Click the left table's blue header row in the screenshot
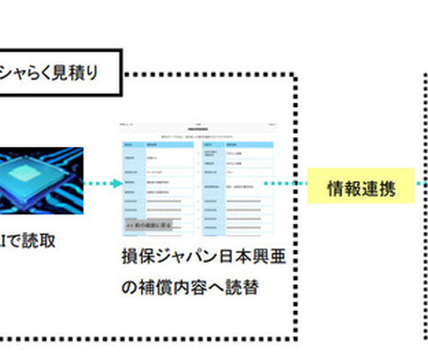tap(157, 143)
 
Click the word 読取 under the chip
tap(41, 243)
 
